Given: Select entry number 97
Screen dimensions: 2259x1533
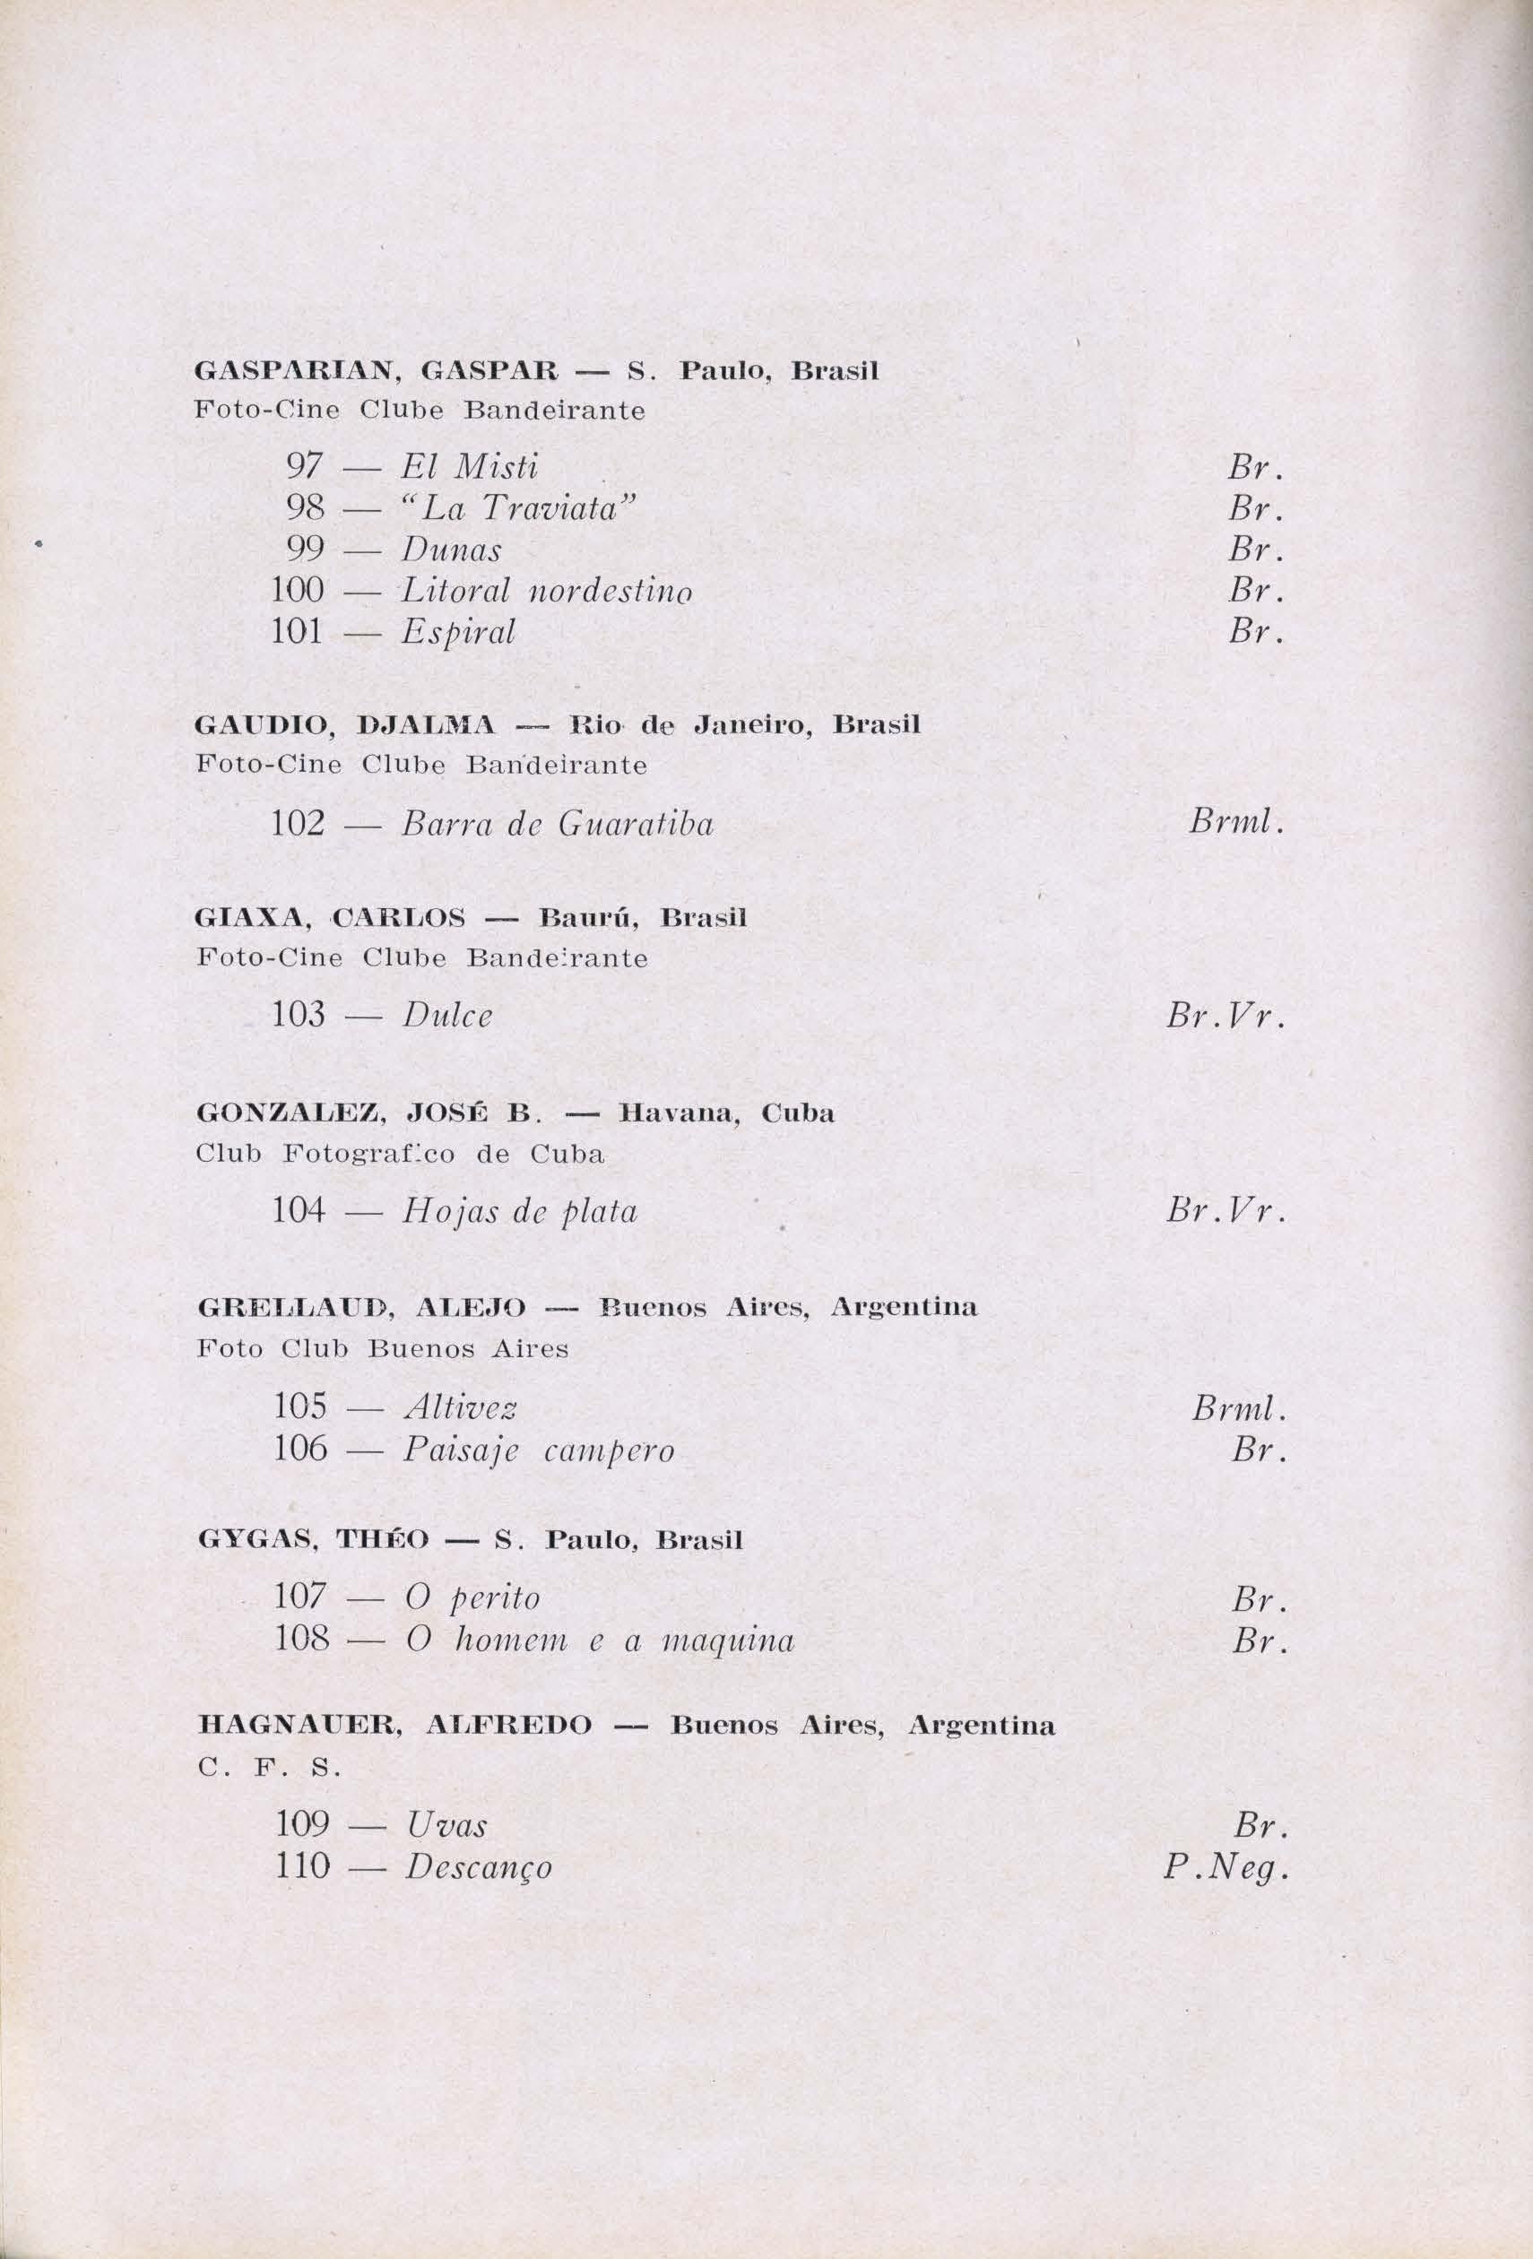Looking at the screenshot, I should (304, 468).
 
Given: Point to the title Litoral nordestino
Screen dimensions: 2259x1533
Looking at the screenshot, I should (547, 591).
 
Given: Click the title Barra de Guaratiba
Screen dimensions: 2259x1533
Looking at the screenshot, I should (557, 826).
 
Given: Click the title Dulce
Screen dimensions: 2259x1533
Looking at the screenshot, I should (447, 1016).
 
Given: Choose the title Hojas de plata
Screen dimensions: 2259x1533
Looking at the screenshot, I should (520, 1213).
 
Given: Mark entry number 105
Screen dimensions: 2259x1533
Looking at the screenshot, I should (299, 1407).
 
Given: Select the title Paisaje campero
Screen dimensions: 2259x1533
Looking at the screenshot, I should (538, 1451).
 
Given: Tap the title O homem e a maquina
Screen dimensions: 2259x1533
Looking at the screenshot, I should (598, 1641).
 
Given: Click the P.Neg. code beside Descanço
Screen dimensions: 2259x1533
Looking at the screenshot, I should (1225, 1869).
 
